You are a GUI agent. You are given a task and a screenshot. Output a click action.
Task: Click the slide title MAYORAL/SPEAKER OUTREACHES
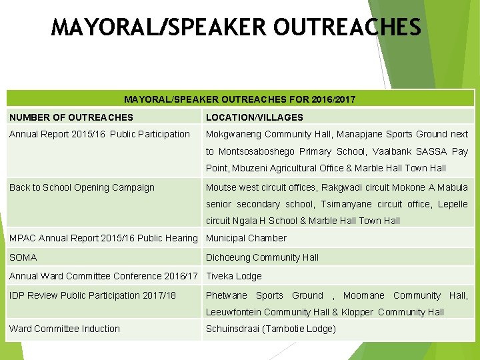point(236,27)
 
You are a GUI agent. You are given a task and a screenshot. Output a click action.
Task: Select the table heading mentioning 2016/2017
point(239,99)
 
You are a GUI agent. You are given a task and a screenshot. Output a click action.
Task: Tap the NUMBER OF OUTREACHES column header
point(71,117)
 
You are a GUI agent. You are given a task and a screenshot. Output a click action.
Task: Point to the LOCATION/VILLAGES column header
point(254,117)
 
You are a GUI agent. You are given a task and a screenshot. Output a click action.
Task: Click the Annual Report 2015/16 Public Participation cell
point(99,134)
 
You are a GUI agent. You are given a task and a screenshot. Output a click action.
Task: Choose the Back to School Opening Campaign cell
point(81,187)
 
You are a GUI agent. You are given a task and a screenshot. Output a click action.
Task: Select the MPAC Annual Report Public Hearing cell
point(103,238)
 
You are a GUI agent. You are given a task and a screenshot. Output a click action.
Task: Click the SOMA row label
point(23,257)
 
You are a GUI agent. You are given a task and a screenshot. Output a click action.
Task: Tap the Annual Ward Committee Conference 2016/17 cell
point(103,276)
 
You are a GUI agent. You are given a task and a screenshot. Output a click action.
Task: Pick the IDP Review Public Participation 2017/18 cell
point(93,295)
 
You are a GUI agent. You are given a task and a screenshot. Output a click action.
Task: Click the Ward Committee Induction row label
point(65,329)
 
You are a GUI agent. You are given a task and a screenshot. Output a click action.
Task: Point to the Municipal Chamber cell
point(246,238)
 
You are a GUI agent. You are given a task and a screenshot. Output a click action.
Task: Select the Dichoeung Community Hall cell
point(262,257)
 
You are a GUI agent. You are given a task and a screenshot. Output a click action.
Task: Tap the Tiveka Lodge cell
point(233,276)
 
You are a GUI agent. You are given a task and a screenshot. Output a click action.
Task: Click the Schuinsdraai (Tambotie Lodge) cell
point(271,329)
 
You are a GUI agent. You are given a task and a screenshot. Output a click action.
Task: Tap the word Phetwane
point(226,295)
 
